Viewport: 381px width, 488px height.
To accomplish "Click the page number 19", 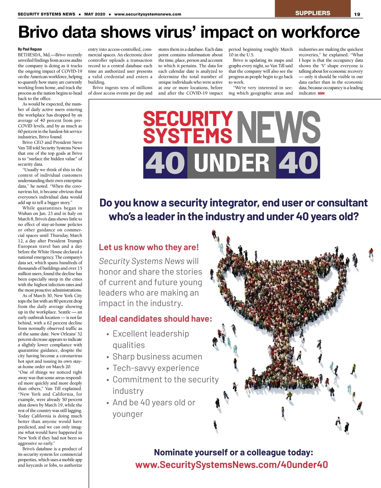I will (357, 14).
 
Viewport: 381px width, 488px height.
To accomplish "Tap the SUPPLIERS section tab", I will (312, 13).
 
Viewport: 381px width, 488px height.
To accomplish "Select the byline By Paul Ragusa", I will (30, 49).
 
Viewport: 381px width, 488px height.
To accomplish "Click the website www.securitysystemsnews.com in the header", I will (148, 14).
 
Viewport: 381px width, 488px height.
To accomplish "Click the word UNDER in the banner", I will (231, 163).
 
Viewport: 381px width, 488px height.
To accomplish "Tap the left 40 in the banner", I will (165, 163).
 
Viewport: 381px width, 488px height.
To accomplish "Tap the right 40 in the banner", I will (298, 163).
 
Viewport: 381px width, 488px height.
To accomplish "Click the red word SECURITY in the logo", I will (188, 119).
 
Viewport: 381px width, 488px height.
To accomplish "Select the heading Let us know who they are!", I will (149, 247).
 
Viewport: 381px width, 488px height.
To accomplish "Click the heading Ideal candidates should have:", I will (155, 319).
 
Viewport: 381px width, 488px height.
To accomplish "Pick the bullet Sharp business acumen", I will (157, 357).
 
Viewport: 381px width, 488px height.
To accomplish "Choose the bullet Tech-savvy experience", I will (156, 368).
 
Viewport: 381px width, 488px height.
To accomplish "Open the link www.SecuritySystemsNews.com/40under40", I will (231, 465).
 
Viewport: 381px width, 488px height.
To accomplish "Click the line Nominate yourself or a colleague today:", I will (233, 452).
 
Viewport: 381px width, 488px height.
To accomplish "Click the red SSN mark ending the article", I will (321, 94).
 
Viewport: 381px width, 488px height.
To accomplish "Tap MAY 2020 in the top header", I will (95, 14).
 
